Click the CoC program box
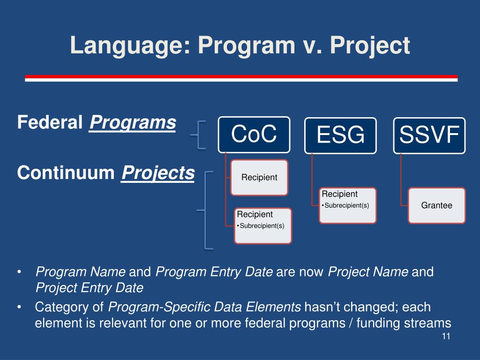[x=254, y=135]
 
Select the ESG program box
[x=340, y=135]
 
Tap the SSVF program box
[x=429, y=135]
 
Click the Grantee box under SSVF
[x=436, y=205]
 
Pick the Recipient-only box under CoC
[x=259, y=178]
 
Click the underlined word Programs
[x=133, y=123]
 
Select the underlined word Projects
[x=157, y=173]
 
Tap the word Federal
[x=50, y=122]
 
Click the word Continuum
[x=66, y=172]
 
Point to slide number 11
[x=446, y=337]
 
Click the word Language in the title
[x=130, y=46]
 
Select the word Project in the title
[x=369, y=46]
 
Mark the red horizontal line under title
[x=241, y=76]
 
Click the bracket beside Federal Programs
[x=198, y=135]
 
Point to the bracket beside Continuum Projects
[x=205, y=210]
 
